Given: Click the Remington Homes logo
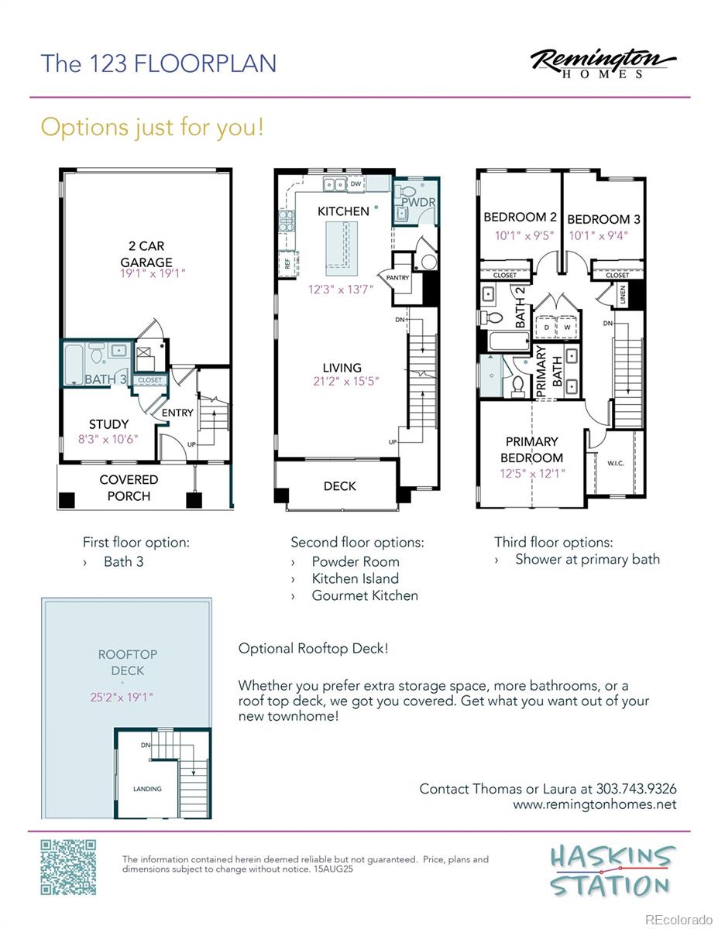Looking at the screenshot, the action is (x=603, y=64).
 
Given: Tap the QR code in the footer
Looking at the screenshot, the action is (x=68, y=867).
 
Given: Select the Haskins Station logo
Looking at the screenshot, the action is (x=610, y=871).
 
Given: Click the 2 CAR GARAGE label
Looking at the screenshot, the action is (x=146, y=254).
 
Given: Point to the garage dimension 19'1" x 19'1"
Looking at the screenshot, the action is (x=153, y=273).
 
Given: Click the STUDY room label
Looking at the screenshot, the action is (x=108, y=424).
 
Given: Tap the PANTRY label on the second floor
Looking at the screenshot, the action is (x=397, y=278).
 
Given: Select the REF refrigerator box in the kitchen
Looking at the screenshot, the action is (x=287, y=264).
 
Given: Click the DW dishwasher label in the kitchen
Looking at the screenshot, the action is (x=356, y=183).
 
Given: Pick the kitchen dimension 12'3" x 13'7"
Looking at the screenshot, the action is (x=341, y=290).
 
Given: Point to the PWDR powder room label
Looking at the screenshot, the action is (x=418, y=202).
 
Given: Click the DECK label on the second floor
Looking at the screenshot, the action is (x=339, y=486).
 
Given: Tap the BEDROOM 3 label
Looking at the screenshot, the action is (x=603, y=219).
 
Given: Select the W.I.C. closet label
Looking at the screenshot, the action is (x=616, y=463).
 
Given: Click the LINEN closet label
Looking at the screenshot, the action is (x=623, y=294).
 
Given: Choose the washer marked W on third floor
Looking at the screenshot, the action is (x=567, y=327).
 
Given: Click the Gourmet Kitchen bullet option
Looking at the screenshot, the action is (x=365, y=595).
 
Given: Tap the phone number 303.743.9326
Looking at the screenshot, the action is (x=637, y=789).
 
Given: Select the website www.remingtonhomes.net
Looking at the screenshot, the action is (x=594, y=804).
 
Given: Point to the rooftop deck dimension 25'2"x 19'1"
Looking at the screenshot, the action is (x=122, y=698).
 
